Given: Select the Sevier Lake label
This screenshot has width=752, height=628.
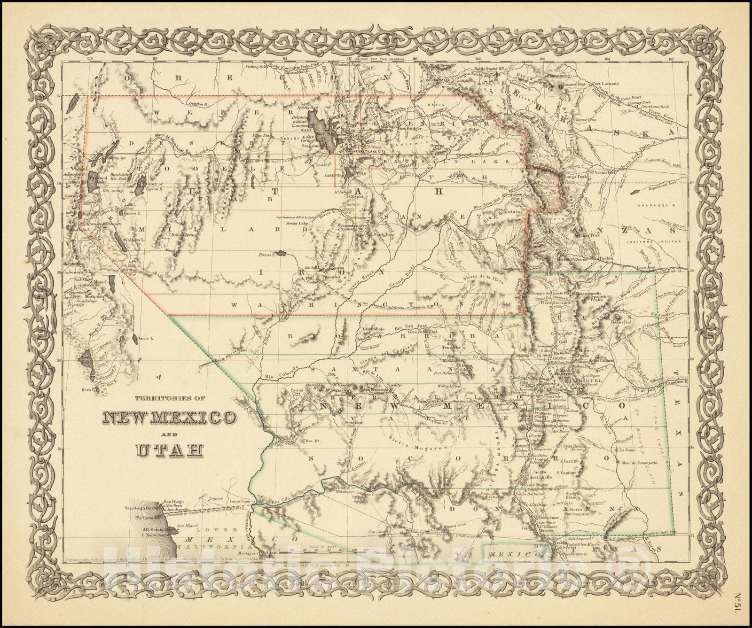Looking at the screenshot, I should click(296, 224).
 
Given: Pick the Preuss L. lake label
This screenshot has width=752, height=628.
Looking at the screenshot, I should click(266, 256).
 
